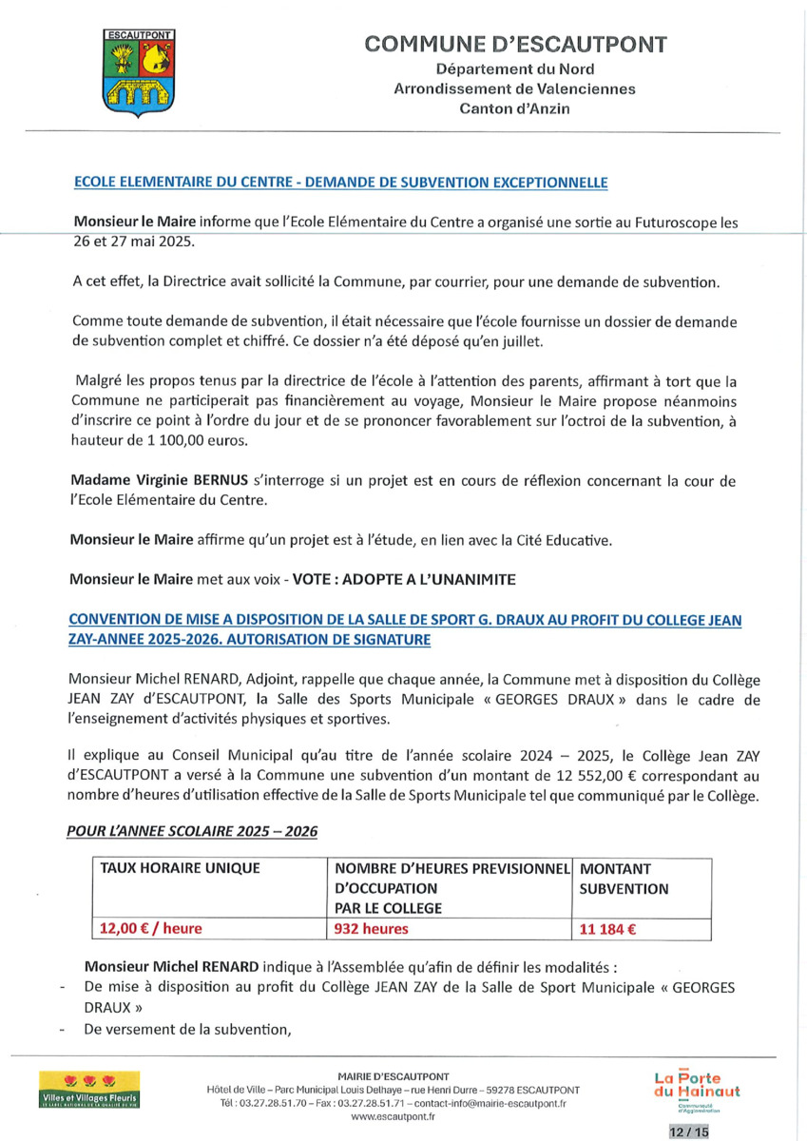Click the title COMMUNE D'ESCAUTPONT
tap(515, 44)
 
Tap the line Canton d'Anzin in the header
tap(514, 109)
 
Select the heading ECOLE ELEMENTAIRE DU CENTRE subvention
tap(340, 182)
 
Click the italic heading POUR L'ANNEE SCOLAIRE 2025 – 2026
tap(192, 830)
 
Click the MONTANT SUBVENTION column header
tap(624, 879)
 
